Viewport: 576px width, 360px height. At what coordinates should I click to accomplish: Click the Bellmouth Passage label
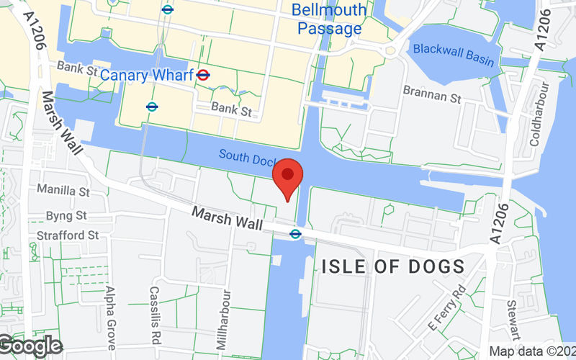[328, 19]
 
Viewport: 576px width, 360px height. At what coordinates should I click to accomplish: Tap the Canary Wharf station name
[147, 74]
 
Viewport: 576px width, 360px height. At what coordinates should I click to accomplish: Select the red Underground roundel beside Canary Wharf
[204, 74]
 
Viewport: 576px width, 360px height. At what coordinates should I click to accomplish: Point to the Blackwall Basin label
[454, 55]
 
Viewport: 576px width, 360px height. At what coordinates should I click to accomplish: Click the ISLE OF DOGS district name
[393, 266]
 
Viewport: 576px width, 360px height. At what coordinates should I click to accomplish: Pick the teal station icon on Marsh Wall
[295, 233]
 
